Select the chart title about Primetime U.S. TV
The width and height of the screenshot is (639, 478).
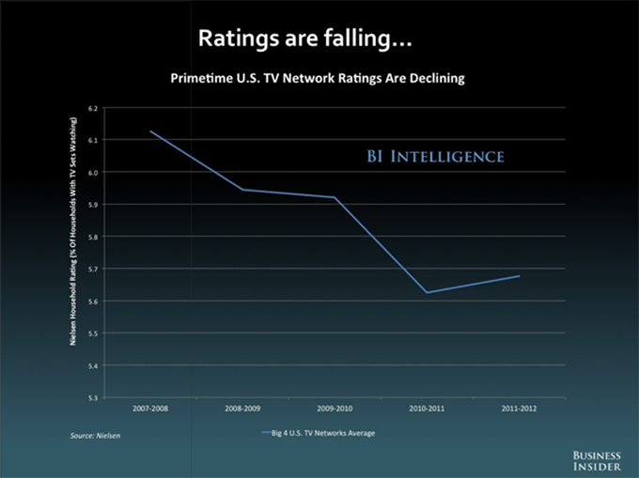[x=318, y=79]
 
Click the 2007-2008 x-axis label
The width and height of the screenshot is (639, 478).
[x=150, y=409]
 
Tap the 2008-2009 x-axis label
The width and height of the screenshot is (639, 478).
[x=242, y=409]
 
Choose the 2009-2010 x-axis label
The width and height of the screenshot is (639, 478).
[x=335, y=409]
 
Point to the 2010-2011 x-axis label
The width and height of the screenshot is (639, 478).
[x=427, y=409]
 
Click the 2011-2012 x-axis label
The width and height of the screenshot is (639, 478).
[x=519, y=409]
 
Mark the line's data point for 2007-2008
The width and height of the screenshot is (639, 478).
[x=150, y=131]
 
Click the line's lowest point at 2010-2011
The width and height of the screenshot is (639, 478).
[x=427, y=292]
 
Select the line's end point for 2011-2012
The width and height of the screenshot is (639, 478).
[x=519, y=276]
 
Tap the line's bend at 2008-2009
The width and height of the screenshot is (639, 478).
[x=242, y=190]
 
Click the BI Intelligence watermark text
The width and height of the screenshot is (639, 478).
[x=435, y=156]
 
